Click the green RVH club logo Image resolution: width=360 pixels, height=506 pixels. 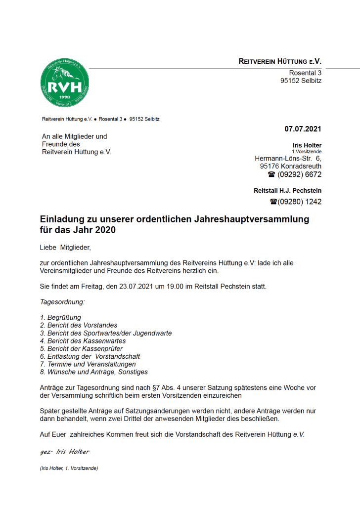click(65, 85)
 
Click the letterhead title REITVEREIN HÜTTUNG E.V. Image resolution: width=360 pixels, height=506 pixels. click(280, 62)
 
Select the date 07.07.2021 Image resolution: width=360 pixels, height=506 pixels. click(303, 129)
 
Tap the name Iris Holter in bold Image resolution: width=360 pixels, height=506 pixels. click(307, 145)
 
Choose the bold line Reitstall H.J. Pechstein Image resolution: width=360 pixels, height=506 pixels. click(287, 190)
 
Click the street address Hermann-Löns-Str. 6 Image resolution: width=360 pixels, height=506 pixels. click(288, 159)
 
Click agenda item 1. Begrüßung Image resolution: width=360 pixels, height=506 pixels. click(60, 317)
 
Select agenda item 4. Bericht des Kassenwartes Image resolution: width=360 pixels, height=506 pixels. click(83, 341)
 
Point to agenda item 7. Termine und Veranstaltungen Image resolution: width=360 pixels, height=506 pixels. click(88, 364)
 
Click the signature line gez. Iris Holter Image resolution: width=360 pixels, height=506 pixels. click(64, 452)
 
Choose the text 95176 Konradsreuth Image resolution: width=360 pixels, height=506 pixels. click(291, 167)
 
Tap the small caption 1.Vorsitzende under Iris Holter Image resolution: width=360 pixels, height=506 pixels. click(307, 151)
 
